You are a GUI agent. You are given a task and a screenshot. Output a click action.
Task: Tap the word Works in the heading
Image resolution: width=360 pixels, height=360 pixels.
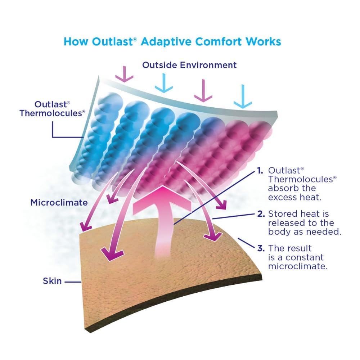point(263,41)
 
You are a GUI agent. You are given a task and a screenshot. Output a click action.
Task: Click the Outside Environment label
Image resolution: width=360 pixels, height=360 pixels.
point(189,65)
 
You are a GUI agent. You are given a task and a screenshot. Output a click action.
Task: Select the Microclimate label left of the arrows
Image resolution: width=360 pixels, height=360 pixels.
point(59,202)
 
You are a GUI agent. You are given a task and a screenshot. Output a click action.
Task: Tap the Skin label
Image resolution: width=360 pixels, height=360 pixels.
point(53,280)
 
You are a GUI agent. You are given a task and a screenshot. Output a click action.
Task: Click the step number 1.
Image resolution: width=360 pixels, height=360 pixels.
point(260,171)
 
